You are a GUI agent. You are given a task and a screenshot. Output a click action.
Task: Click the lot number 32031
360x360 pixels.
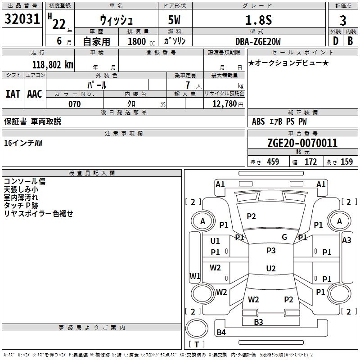(22, 19)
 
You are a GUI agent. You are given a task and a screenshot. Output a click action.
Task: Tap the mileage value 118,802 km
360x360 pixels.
(53, 65)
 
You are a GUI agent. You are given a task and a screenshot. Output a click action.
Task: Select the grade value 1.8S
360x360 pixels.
(258, 20)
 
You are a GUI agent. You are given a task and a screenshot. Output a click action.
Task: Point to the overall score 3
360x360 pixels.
(343, 21)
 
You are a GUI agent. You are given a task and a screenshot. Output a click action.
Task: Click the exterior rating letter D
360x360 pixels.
(335, 41)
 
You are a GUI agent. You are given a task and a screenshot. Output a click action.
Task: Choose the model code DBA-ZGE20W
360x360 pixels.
(258, 41)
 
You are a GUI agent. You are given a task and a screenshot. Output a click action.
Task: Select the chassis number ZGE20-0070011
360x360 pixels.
(302, 143)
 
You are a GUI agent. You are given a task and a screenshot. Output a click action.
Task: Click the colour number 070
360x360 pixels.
(75, 104)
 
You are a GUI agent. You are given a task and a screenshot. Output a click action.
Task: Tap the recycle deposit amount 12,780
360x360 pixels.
(225, 104)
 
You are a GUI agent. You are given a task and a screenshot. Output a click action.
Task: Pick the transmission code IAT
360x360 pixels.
(13, 94)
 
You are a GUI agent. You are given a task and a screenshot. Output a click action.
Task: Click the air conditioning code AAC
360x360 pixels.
(35, 94)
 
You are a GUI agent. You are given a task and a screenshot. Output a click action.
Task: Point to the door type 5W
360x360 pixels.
(174, 20)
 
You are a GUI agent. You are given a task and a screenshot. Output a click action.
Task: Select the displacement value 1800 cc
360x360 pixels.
(141, 41)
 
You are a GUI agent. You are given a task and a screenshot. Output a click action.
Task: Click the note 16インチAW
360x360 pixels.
(23, 143)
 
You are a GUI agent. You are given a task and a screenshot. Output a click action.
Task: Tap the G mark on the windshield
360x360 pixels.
(284, 237)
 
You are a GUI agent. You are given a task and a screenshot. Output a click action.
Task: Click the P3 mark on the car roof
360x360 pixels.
(271, 250)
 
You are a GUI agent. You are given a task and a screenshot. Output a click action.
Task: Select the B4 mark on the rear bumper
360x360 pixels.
(221, 332)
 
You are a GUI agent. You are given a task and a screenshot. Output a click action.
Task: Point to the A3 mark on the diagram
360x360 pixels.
(346, 240)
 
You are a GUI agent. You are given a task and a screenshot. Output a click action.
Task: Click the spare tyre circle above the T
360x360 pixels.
(197, 328)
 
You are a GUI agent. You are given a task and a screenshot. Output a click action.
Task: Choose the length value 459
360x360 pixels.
(273, 162)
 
